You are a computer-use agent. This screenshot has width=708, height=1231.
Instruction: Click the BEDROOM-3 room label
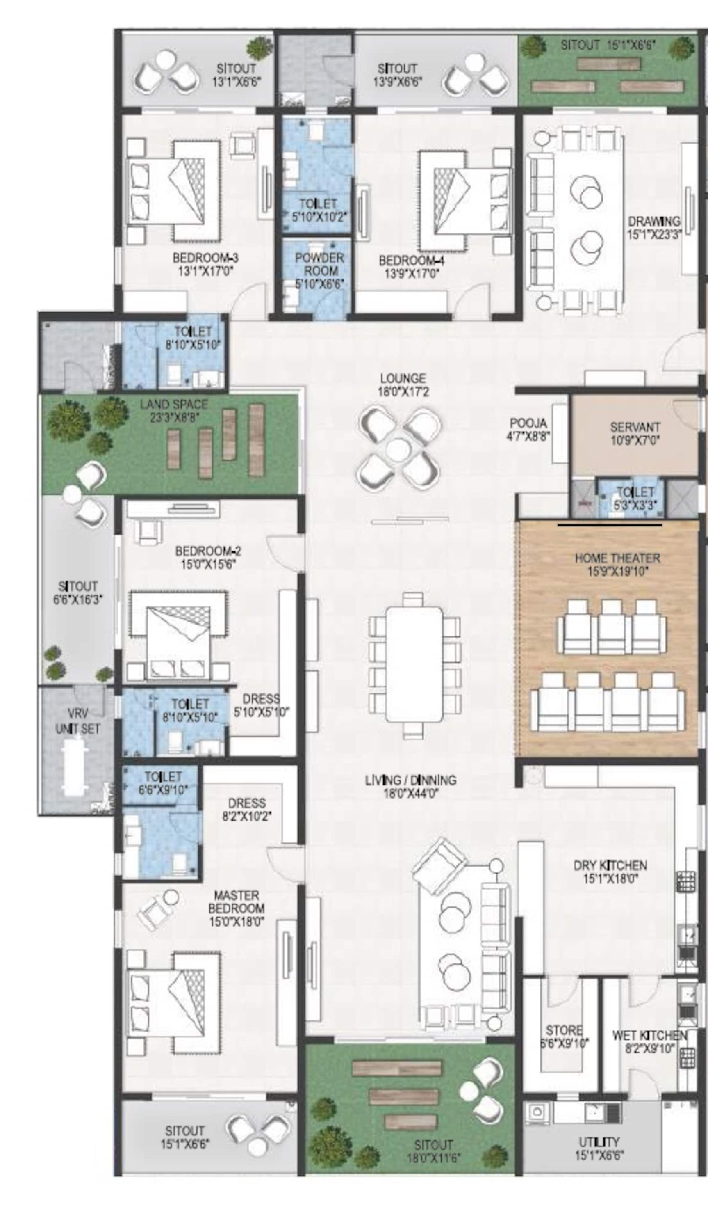point(206,257)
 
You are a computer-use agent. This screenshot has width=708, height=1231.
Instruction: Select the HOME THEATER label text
point(617,558)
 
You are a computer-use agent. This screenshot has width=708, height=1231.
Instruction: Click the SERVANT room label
point(635,427)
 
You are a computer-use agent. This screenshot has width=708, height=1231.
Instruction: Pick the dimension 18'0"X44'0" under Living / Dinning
point(411,794)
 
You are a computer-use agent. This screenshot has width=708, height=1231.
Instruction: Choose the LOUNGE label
point(403,378)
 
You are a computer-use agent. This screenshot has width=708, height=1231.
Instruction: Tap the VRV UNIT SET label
point(78,721)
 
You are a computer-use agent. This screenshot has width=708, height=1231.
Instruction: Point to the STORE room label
point(564,1030)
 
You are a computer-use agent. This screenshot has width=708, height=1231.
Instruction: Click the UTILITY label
point(599,1142)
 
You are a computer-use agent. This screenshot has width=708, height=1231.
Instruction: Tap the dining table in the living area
point(414,664)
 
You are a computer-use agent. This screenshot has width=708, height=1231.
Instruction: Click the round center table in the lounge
point(398,448)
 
